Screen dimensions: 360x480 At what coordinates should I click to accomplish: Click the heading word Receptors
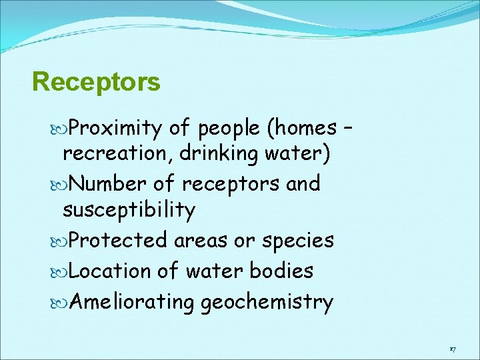(x=96, y=82)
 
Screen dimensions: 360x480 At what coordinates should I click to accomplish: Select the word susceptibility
(x=129, y=211)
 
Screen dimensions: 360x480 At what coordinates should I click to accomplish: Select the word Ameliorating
(x=131, y=302)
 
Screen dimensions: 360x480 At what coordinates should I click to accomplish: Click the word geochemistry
(x=267, y=302)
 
